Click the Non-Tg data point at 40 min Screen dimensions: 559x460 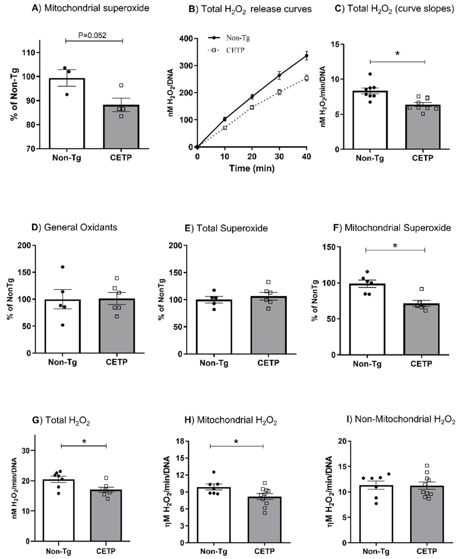click(307, 56)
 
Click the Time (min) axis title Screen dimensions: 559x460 click(252, 168)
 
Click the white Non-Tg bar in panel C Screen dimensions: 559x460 click(370, 122)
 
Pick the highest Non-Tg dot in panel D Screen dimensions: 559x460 click(63, 267)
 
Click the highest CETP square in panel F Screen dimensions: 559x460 click(422, 289)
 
